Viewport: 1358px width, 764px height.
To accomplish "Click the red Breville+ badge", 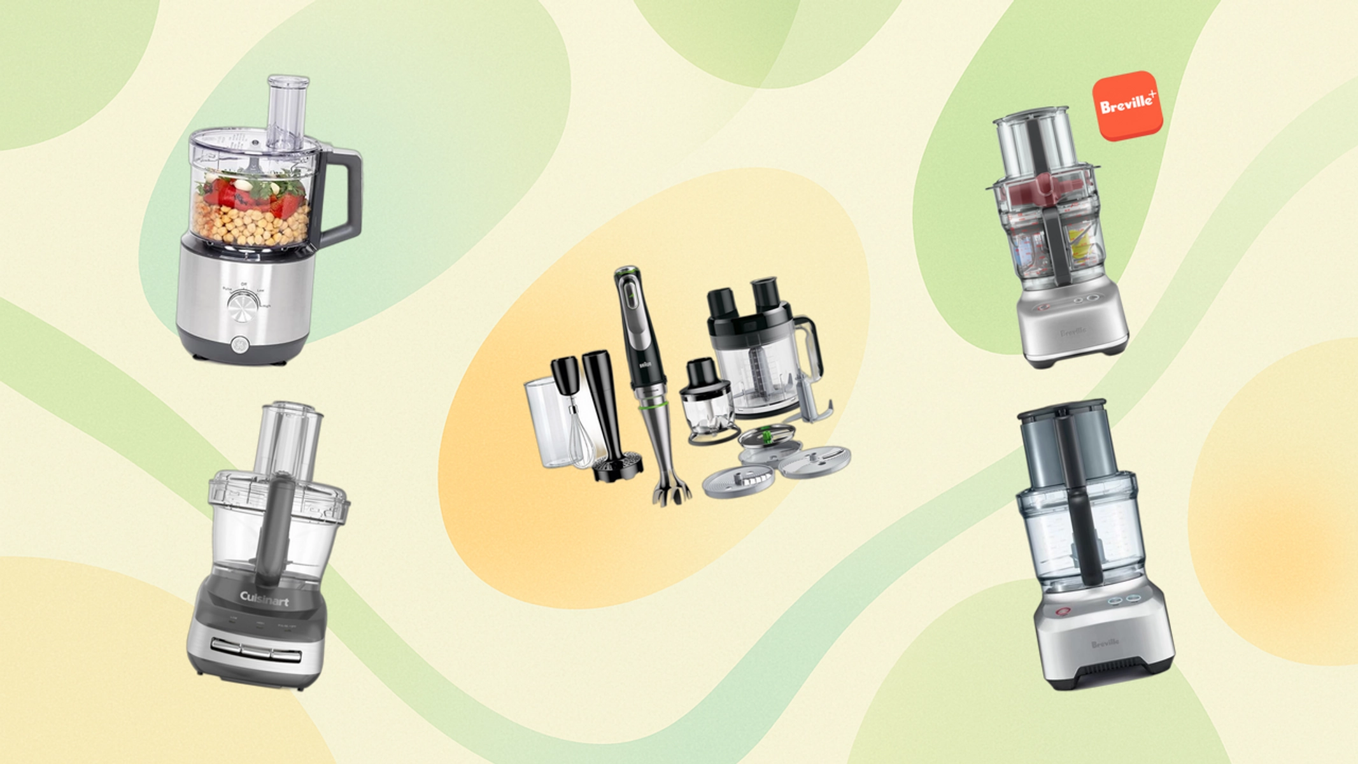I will click(1128, 105).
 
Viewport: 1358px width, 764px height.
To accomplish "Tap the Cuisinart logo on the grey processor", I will click(264, 598).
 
